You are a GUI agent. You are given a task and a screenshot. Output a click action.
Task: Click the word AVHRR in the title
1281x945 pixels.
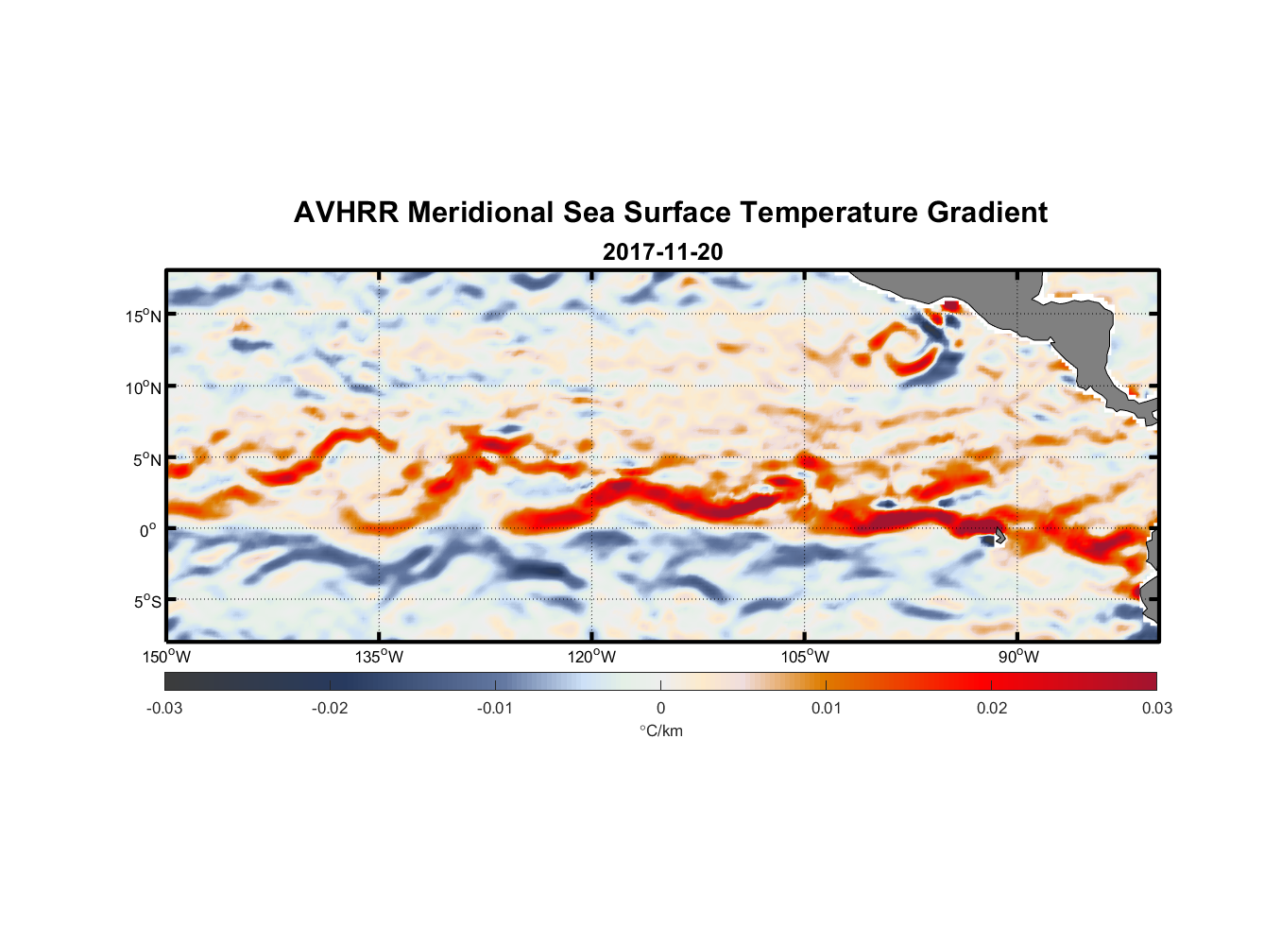[346, 213]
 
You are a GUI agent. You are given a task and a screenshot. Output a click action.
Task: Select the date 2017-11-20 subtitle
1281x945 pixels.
[662, 252]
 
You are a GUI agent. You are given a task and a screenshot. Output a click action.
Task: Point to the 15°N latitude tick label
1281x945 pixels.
[143, 316]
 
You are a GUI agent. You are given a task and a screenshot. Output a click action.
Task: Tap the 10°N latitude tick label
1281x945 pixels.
[143, 387]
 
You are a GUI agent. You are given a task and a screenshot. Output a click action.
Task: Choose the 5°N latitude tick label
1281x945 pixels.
[145, 459]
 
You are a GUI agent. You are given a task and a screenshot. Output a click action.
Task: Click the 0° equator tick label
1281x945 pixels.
[148, 530]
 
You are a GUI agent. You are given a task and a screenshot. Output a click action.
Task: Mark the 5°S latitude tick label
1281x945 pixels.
[145, 602]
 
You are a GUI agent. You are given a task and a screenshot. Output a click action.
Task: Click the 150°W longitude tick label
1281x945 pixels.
[166, 657]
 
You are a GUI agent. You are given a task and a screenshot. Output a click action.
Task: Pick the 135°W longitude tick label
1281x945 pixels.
[379, 657]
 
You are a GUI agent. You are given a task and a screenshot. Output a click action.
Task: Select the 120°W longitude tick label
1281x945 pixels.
[591, 657]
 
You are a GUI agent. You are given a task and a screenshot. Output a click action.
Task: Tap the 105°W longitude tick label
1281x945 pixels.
[805, 657]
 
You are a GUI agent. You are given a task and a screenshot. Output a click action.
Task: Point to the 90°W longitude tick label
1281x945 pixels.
[1017, 657]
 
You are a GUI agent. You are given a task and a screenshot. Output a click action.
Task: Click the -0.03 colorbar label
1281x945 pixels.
[164, 709]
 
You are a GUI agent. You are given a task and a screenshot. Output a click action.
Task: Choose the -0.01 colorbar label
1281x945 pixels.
[494, 709]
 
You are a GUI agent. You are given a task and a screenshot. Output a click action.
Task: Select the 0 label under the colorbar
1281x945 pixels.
[660, 709]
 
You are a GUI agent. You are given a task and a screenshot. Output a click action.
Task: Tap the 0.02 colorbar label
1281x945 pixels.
[991, 709]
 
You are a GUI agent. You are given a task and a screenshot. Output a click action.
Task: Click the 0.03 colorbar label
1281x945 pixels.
[1156, 709]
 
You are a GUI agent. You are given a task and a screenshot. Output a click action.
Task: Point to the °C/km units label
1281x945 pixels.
[660, 730]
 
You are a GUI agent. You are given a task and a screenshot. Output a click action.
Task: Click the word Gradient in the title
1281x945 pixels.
[987, 213]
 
